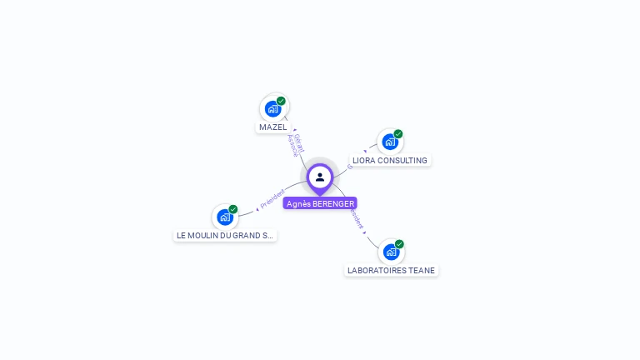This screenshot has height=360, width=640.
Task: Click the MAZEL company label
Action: click(273, 127)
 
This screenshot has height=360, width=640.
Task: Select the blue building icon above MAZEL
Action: click(272, 108)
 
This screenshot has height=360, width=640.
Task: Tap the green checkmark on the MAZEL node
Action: click(282, 101)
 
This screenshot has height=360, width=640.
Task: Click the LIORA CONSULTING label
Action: click(389, 160)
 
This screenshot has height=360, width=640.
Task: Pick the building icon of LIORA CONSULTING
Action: click(389, 142)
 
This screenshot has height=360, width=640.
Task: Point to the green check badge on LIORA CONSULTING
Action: click(398, 134)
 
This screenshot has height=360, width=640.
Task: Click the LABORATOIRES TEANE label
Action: click(391, 270)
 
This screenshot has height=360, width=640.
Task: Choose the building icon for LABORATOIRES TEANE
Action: click(390, 252)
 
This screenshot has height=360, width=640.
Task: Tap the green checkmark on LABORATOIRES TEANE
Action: click(399, 244)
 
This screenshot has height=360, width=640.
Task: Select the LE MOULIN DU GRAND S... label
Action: click(225, 235)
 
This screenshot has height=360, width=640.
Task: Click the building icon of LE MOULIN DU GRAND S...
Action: click(224, 217)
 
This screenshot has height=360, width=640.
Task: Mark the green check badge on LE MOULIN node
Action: click(233, 209)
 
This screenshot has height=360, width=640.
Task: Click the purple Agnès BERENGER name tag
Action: click(320, 203)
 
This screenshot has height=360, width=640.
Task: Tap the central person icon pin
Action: click(320, 177)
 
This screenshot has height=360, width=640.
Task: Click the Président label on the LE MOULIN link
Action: click(272, 199)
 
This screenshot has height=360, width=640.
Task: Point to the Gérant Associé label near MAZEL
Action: click(296, 144)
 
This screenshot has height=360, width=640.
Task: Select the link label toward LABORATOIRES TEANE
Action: click(357, 219)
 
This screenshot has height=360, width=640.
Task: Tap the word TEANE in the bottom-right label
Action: click(421, 270)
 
